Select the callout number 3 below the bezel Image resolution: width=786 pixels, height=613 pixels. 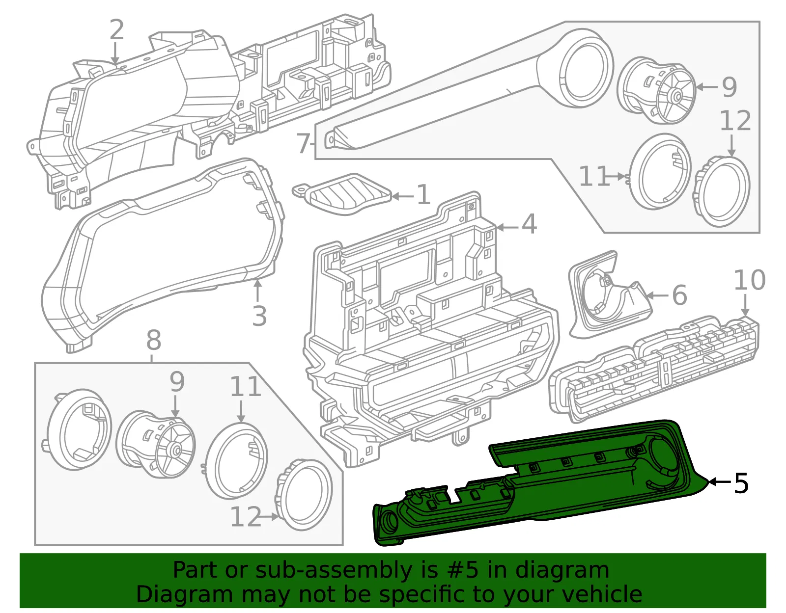pyautogui.click(x=259, y=316)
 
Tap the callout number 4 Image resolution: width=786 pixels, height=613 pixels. pyautogui.click(x=529, y=224)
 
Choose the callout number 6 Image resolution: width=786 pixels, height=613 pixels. pyautogui.click(x=680, y=295)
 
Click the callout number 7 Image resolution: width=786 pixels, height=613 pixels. pyautogui.click(x=303, y=143)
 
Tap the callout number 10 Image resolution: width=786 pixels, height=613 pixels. pyautogui.click(x=750, y=280)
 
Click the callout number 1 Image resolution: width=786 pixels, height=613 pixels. pyautogui.click(x=423, y=195)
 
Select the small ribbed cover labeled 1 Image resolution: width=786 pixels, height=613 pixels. pyautogui.click(x=342, y=194)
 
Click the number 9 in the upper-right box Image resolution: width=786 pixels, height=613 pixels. pyautogui.click(x=729, y=87)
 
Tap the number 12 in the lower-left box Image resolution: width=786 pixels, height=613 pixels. pyautogui.click(x=246, y=516)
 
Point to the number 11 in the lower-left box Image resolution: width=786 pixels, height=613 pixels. pyautogui.click(x=246, y=386)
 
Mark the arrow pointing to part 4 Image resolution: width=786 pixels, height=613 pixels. pyautogui.click(x=508, y=228)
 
